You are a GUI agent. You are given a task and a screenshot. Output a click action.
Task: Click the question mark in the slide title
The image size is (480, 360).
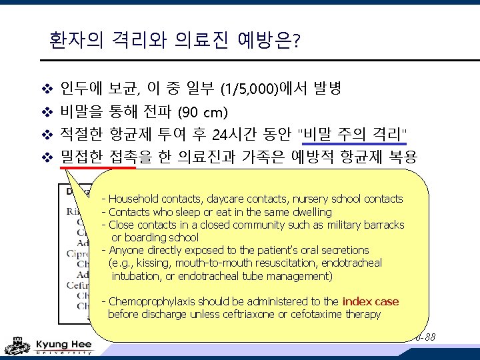[296, 43]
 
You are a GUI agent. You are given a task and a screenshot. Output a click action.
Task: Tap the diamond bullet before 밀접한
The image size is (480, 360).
[47, 157]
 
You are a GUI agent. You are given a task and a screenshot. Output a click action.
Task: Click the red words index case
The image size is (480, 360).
[370, 301]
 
